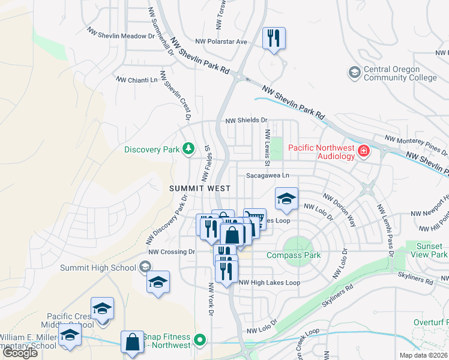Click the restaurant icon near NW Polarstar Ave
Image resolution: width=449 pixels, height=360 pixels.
click(274, 39)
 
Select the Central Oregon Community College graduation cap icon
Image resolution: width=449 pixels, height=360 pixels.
click(354, 73)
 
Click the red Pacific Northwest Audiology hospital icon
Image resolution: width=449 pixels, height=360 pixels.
click(363, 150)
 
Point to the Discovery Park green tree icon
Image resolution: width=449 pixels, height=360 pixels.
click(188, 148)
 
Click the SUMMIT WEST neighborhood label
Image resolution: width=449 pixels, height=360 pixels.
click(199, 188)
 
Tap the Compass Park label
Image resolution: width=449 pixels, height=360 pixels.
click(294, 255)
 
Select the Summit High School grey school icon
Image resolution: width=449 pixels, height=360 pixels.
click(145, 266)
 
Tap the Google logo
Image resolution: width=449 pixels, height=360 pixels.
click(20, 353)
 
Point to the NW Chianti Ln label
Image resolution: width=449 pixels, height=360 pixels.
click(136, 79)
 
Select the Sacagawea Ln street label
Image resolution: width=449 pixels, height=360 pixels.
click(268, 175)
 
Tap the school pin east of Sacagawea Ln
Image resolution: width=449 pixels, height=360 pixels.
click(287, 199)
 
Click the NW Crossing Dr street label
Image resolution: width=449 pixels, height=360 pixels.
click(172, 252)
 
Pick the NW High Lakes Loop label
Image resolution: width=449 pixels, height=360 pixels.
click(270, 283)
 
